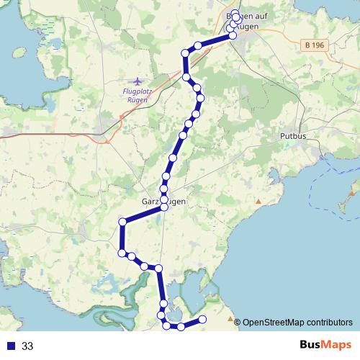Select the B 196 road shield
(314, 45)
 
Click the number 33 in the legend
(27, 346)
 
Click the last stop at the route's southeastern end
(202, 319)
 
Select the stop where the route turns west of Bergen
(185, 53)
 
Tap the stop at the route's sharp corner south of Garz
(122, 222)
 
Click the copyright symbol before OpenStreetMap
(238, 322)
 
